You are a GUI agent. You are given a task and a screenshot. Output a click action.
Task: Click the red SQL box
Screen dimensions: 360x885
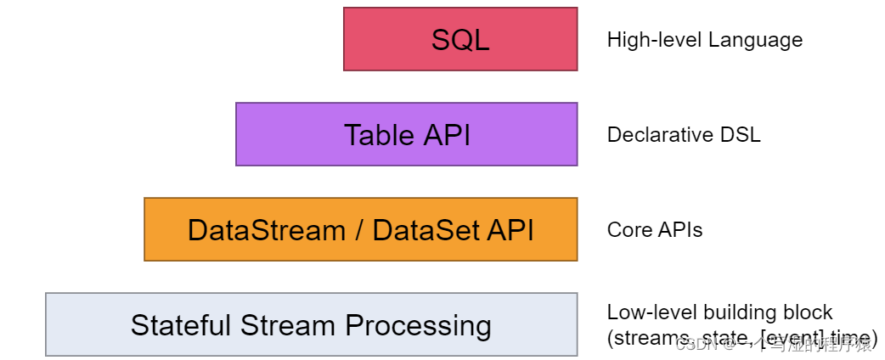460,39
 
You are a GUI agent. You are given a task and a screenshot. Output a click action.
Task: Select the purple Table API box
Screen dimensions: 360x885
406,134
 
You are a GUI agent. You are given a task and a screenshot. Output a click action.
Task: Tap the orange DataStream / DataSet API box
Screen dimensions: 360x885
360,229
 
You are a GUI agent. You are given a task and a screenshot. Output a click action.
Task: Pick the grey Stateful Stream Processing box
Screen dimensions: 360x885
311,324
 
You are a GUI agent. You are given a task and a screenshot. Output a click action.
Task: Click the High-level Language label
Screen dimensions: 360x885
704,40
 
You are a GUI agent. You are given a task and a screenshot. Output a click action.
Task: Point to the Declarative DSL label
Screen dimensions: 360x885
683,135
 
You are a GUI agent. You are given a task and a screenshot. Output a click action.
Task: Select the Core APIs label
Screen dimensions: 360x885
654,230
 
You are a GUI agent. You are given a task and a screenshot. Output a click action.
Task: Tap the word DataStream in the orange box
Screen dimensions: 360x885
266,230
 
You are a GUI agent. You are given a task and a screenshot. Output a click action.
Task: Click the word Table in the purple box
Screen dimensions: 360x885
373,135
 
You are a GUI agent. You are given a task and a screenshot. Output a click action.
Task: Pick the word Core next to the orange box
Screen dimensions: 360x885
626,230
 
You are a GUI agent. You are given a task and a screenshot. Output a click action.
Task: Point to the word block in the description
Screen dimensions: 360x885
810,312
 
